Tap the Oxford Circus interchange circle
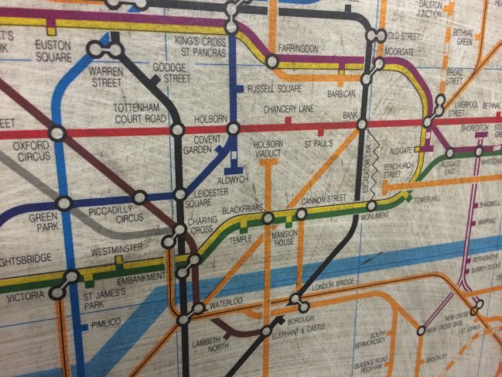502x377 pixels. click(x=56, y=133)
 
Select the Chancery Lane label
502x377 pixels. click(x=288, y=109)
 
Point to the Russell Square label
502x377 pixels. click(x=272, y=88)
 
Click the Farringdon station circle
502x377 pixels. click(x=271, y=61)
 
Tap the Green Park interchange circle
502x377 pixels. click(x=63, y=204)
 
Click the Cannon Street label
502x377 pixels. click(x=321, y=200)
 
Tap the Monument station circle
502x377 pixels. click(x=372, y=206)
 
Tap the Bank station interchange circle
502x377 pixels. click(x=361, y=124)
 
